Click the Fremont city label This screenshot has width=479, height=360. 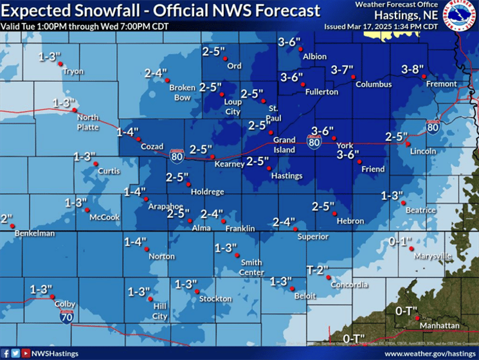point(441,84)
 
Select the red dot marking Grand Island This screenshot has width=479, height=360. point(271,132)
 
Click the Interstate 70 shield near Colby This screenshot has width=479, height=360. point(67,316)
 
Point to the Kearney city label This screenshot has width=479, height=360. point(230,164)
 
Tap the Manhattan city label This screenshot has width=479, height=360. point(440,326)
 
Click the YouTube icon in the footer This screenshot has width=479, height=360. point(25,354)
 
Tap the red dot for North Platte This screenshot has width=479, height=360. point(73,110)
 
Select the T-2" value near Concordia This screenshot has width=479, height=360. point(317,270)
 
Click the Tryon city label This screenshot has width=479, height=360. point(73,71)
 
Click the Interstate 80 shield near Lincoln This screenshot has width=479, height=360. point(433,127)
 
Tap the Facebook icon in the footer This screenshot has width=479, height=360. point(6,354)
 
